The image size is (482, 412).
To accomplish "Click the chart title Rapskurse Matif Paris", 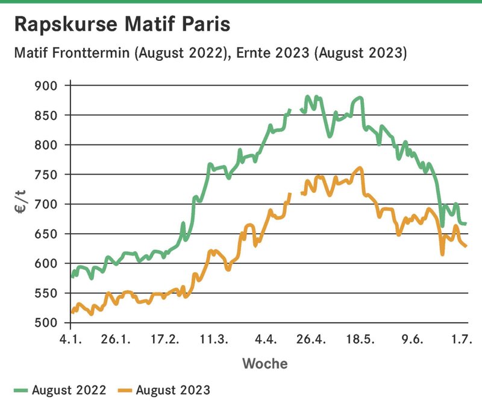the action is point(122,24).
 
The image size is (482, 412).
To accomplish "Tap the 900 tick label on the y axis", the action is point(46,86).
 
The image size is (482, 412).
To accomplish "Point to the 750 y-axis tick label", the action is point(46,175).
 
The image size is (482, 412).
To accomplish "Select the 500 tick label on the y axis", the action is point(46,323).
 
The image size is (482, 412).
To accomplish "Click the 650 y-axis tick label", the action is point(46,234).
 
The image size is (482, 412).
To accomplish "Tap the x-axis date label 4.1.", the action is point(71,340).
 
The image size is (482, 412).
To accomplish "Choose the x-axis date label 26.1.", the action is point(116,340).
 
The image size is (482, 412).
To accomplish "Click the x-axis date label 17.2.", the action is point(164,340).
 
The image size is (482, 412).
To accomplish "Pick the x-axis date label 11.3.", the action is point(214,340).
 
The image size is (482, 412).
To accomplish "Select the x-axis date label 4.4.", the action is point(266,340).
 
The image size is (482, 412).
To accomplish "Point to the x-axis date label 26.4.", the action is point(311,340).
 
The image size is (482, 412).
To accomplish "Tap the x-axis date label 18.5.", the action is point(360,340).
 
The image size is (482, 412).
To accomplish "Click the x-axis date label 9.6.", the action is point(412,340).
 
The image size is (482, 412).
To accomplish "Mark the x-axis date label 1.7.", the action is point(462,340).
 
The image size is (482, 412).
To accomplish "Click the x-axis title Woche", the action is point(265,363).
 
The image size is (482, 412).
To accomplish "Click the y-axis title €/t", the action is point(21,202).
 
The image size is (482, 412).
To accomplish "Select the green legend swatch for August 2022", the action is point(21,390).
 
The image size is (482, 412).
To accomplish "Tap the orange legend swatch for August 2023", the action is point(125,390).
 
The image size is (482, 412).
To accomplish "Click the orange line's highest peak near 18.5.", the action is point(360,167).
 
